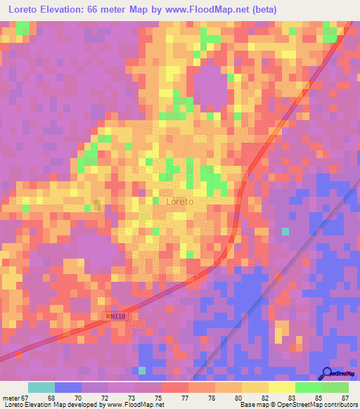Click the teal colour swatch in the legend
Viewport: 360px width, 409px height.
41,387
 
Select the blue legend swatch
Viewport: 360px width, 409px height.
68,387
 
